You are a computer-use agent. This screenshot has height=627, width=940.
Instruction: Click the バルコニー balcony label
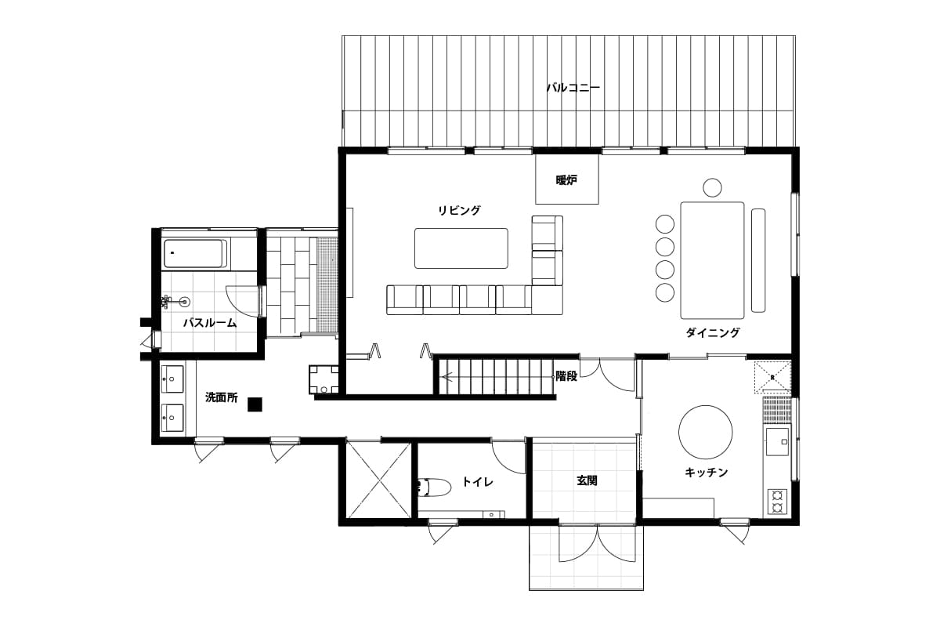coord(573,88)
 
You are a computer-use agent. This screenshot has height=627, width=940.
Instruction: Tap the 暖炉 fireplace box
coord(567,179)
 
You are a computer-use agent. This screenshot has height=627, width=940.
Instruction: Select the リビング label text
coord(459,210)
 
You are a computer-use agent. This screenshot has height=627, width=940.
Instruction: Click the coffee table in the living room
coord(461,248)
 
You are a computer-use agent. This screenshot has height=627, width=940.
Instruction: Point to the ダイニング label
coord(713,332)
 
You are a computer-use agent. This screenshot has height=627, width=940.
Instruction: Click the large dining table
coord(712,260)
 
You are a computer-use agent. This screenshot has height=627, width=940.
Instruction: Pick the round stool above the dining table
coord(712,187)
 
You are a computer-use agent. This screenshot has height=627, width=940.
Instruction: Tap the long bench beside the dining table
coord(758,260)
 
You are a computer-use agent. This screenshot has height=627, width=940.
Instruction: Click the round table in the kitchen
coord(706,432)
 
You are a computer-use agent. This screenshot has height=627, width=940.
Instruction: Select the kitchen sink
coord(778,442)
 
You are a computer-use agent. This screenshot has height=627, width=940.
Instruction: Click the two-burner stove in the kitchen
coord(777,502)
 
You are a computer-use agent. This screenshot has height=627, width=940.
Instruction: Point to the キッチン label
coord(706,473)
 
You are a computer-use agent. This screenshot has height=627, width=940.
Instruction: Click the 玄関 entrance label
coord(586,480)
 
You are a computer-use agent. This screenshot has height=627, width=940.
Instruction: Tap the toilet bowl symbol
coord(434,487)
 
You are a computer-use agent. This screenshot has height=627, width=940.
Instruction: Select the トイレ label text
coord(477,482)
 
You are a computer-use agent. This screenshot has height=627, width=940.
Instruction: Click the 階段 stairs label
coord(566,376)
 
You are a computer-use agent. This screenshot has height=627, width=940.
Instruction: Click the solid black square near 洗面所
coord(255,404)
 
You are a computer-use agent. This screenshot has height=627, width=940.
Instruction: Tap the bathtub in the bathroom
coord(195,254)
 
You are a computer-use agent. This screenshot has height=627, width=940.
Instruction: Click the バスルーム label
coord(210,323)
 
